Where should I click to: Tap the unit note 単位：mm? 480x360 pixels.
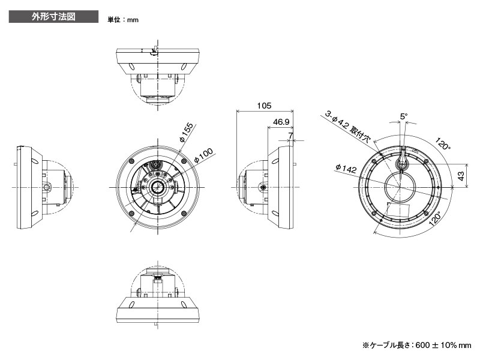pos(123,20)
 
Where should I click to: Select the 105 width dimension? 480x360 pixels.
pos(263,106)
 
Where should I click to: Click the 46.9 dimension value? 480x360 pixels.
pos(281,122)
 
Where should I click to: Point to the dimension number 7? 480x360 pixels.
pos(290,136)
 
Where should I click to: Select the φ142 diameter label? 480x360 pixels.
pos(346,169)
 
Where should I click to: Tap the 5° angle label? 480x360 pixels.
pos(404,116)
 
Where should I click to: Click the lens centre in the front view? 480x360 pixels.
pos(158,187)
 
